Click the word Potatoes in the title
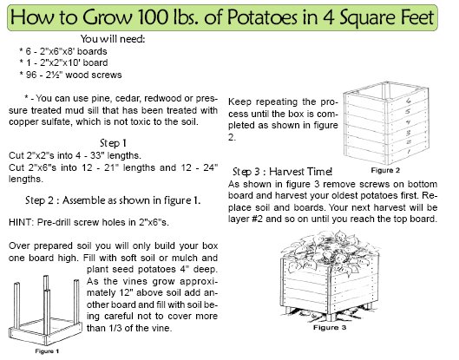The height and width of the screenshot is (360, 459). coord(262,17)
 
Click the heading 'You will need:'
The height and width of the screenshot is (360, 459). coord(113,39)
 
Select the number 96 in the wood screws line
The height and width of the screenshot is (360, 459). coord(31,75)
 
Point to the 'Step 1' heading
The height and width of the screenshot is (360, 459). coord(113,143)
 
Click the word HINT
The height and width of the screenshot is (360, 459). coord(20,222)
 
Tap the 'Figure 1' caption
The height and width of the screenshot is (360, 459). coord(47,351)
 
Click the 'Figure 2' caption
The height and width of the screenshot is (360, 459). coord(385,170)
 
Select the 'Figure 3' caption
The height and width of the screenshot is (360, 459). coord(330,328)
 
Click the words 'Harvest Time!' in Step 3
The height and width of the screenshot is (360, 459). coord(300,172)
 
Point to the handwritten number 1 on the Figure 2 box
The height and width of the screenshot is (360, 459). coord(409,151)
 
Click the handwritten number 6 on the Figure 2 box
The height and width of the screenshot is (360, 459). coord(409,101)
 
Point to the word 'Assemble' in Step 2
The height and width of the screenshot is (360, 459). coord(83,200)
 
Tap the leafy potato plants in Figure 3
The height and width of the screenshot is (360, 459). coord(331,252)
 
